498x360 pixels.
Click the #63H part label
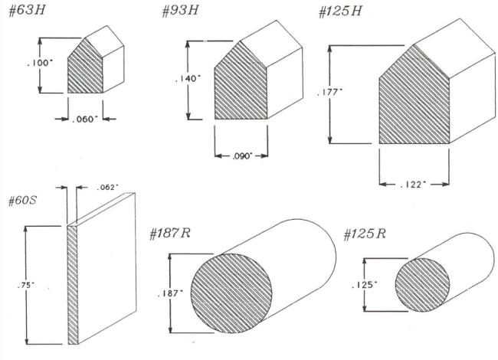tap(27, 10)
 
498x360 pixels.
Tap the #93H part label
tap(180, 10)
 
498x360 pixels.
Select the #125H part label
tap(340, 11)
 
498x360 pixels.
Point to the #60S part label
tap(22, 201)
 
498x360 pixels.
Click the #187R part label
tap(170, 234)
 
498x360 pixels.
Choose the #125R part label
tap(365, 234)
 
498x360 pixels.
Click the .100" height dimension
tap(39, 63)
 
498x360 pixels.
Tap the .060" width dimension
tap(85, 119)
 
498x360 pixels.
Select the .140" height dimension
tap(188, 78)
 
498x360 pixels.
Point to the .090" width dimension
tap(242, 156)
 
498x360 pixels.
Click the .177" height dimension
tap(330, 93)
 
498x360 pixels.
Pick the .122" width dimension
tap(413, 185)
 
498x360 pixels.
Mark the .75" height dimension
tap(26, 285)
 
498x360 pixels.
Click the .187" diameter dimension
tap(171, 293)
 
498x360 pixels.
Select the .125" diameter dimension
tap(365, 285)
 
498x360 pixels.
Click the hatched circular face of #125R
tap(422, 285)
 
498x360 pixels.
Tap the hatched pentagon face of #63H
tap(86, 68)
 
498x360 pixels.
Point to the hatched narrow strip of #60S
tap(73, 285)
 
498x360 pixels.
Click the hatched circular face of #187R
tap(231, 293)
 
